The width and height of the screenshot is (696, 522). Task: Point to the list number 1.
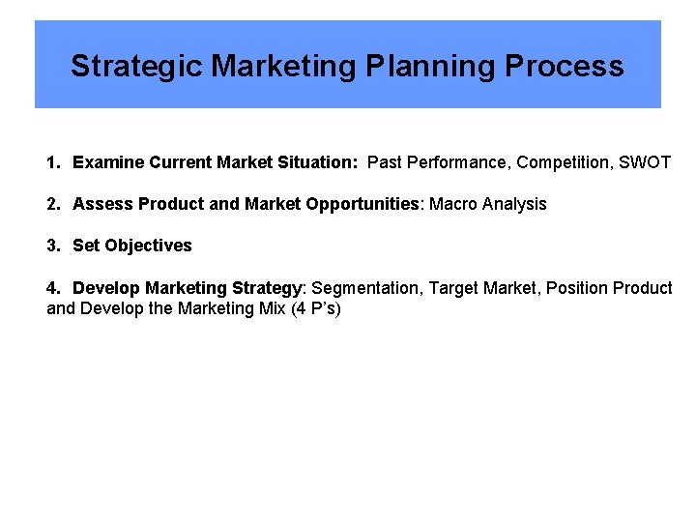point(52,162)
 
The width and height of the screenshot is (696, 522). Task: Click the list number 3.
point(52,246)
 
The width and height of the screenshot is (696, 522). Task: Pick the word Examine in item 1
point(108,162)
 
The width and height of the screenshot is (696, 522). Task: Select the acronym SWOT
point(645,162)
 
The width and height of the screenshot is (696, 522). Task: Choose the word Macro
point(452,204)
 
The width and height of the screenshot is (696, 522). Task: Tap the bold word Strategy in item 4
point(268,288)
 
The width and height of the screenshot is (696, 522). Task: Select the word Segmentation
point(368,288)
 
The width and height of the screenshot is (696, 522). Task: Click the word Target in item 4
point(452,288)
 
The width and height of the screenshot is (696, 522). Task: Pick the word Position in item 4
point(577,288)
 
